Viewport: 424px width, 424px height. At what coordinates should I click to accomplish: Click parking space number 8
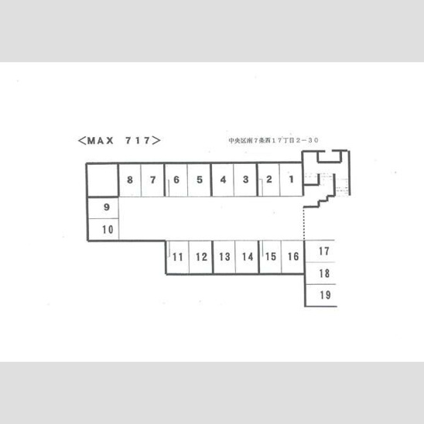tap(130, 180)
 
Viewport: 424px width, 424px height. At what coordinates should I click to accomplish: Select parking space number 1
tap(291, 180)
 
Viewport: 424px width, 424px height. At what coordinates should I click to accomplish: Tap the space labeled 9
tap(104, 207)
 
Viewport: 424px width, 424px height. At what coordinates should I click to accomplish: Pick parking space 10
tap(104, 229)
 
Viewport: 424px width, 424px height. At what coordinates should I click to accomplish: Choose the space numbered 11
tap(178, 257)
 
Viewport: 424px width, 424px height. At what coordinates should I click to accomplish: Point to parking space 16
tap(292, 257)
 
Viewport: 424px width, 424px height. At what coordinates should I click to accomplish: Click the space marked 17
tap(320, 251)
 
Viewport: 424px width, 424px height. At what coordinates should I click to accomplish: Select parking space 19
tap(321, 295)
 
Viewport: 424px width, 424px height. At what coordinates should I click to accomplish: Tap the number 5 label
tap(200, 180)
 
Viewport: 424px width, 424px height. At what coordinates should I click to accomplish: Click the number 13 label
tap(224, 257)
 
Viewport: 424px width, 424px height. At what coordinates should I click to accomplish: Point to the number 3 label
tap(245, 180)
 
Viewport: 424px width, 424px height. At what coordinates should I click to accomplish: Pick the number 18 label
tap(324, 273)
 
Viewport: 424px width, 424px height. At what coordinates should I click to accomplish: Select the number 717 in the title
tap(138, 140)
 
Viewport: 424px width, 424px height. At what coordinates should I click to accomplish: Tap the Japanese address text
tap(273, 140)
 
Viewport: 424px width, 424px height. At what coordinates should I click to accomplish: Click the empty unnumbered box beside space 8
tap(103, 180)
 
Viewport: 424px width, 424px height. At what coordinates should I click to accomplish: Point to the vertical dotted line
tap(304, 224)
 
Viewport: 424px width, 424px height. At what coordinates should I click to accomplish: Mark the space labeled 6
tap(176, 180)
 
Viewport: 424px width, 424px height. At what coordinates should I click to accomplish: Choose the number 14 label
tap(248, 257)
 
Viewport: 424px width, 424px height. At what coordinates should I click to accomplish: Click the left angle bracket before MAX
tap(82, 141)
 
